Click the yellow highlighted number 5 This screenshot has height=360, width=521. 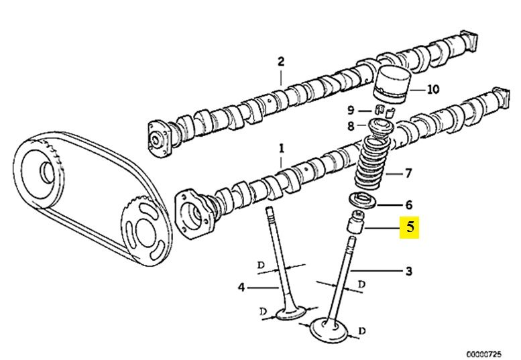tap(409, 228)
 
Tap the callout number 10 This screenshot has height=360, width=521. tap(432, 89)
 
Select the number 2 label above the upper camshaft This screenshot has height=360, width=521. tap(281, 62)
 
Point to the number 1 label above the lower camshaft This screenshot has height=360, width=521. tap(282, 148)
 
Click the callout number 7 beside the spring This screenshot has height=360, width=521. tap(408, 173)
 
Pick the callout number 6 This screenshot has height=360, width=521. tap(409, 205)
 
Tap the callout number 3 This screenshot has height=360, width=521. tap(409, 272)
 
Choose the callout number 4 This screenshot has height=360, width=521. tap(241, 288)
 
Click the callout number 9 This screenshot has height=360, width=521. tap(351, 110)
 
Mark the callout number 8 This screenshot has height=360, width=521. tap(351, 126)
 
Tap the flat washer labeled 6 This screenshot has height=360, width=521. tap(363, 202)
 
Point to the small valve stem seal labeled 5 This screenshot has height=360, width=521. tap(355, 221)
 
